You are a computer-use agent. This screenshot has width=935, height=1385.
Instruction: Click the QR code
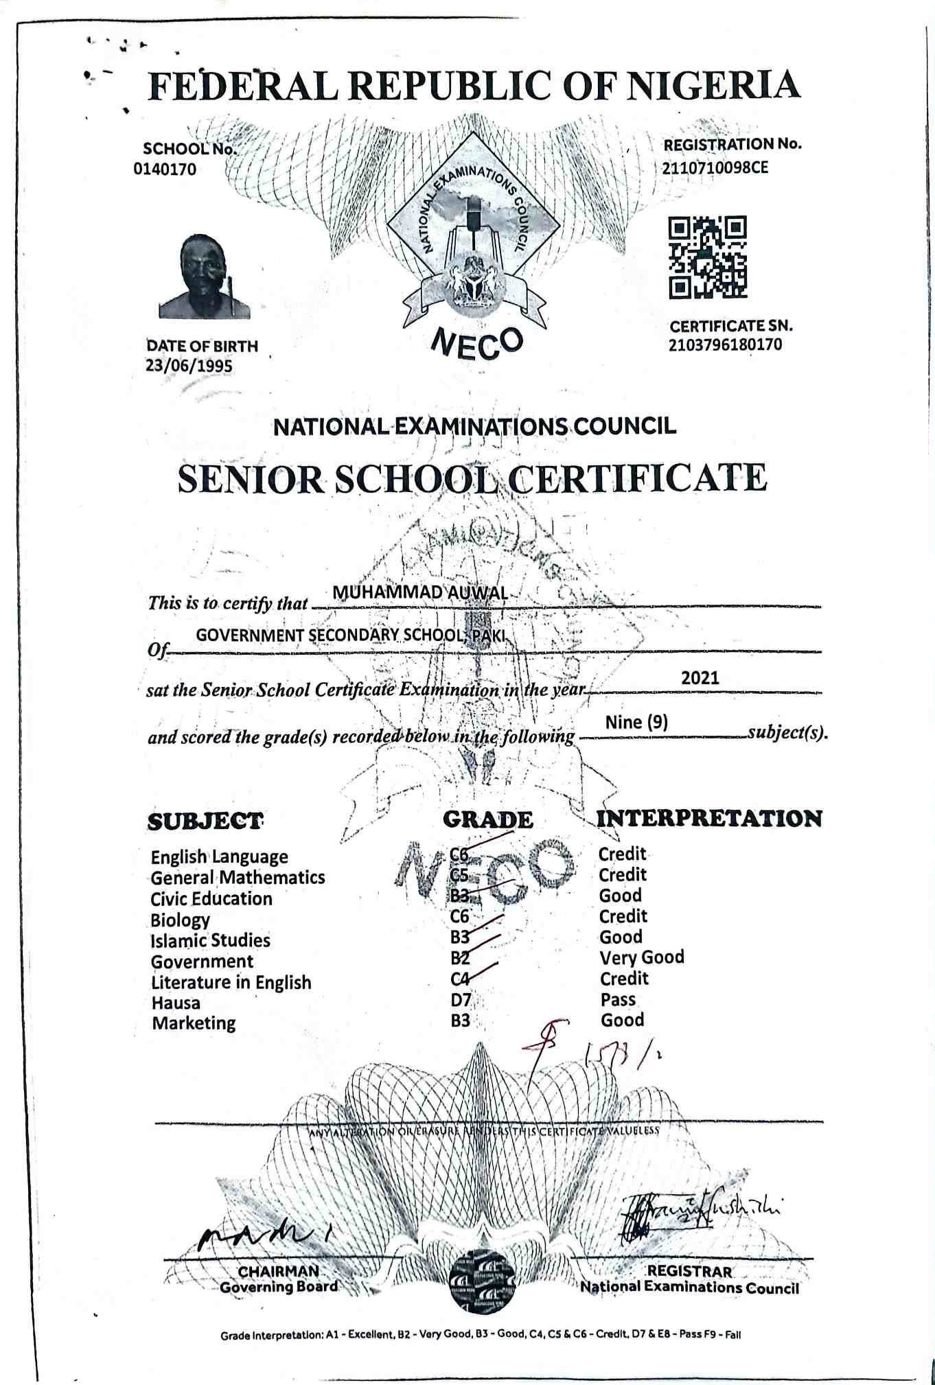pos(708,257)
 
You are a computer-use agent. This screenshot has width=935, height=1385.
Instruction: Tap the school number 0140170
pos(165,169)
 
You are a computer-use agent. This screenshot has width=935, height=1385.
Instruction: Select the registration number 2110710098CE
pos(715,167)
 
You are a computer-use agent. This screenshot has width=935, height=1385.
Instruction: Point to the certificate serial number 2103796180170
pos(725,345)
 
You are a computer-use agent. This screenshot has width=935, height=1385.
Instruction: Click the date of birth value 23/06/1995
pos(189,365)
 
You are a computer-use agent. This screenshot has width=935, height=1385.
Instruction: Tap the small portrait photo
pos(204,277)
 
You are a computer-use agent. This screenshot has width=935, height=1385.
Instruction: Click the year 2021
pos(700,678)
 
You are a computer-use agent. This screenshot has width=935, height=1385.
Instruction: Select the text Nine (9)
pos(636,722)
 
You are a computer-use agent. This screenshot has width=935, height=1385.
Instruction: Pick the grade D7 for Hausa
pos(461,1000)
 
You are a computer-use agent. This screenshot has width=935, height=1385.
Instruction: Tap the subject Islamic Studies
pos(210,940)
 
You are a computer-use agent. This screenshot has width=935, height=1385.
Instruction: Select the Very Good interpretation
pos(642,957)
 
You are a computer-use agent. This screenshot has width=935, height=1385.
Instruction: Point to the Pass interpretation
pos(618,999)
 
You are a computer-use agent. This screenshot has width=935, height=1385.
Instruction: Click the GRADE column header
pos(487,819)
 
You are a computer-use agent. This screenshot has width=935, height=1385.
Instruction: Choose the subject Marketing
pos(194,1023)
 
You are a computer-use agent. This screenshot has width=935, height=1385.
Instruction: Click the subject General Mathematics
pos(238,877)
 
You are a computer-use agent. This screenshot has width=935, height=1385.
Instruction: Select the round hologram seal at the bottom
pos(481,1279)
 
